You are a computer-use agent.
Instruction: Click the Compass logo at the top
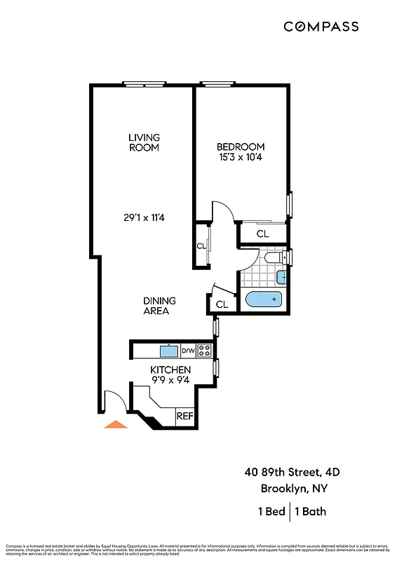pos(321,27)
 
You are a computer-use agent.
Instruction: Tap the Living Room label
pos(144,142)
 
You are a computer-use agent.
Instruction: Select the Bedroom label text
pos(239,147)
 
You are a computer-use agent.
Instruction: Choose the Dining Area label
pos(159,306)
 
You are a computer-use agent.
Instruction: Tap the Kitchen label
pos(170,370)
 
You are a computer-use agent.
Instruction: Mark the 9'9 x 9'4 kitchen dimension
pos(170,380)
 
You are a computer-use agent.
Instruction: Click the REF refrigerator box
pos(184,416)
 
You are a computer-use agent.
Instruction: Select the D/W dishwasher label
pos(188,351)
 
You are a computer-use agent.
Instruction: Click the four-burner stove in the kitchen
pos(204,351)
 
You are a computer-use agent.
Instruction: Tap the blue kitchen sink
pos(169,351)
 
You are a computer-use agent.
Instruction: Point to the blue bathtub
pos(264,301)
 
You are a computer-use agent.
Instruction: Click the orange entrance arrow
pos(115,424)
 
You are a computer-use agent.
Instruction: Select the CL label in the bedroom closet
pos(262,234)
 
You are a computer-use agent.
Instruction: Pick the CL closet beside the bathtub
pos(222,304)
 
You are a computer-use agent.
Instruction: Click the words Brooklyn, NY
pos(295,488)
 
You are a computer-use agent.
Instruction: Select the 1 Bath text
pos(310,511)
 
